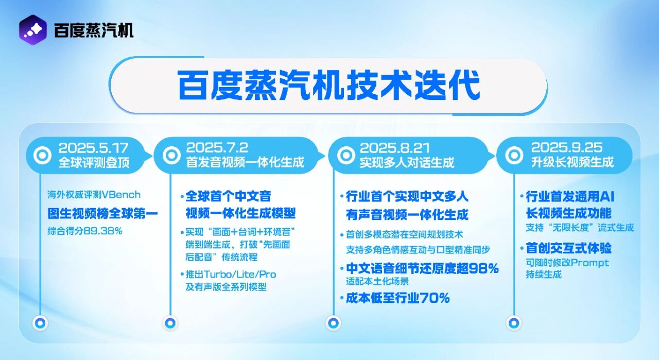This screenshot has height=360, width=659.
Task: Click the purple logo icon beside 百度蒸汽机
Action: click(32, 30)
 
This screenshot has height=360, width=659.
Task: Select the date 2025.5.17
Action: click(93, 148)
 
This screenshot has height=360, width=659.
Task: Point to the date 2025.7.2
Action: click(217, 148)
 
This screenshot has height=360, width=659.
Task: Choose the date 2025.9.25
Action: click(566, 148)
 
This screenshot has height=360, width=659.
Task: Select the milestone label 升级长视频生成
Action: click(572, 162)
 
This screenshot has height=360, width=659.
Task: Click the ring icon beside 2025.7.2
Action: click(170, 155)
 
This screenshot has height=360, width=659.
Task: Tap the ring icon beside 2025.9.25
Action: click(513, 155)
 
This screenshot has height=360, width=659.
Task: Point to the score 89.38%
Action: click(106, 231)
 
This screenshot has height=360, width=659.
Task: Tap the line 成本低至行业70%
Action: click(398, 298)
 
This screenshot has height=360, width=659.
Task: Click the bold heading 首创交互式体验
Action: click(568, 248)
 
